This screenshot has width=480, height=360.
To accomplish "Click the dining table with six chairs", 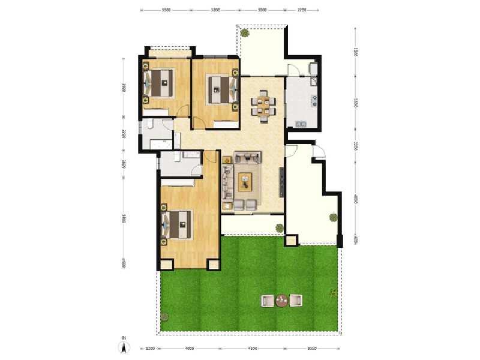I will click(263, 105).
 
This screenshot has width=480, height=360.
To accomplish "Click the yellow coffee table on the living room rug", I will click(245, 181).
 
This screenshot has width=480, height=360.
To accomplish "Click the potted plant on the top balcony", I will click(245, 34).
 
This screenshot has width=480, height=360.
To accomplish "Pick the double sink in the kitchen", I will click(298, 124).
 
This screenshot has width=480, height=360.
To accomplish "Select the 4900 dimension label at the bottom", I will click(190, 348).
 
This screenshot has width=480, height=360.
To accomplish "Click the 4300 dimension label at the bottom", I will click(252, 348).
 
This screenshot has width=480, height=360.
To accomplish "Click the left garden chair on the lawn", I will click(266, 301).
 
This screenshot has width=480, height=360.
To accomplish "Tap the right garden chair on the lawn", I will click(296, 301).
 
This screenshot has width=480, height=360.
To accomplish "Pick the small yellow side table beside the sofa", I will click(227, 160).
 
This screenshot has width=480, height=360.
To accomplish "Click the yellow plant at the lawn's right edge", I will click(332, 293).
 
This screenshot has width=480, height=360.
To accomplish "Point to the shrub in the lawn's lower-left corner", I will click(164, 317).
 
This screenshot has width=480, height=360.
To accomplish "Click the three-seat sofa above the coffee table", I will click(247, 158).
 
